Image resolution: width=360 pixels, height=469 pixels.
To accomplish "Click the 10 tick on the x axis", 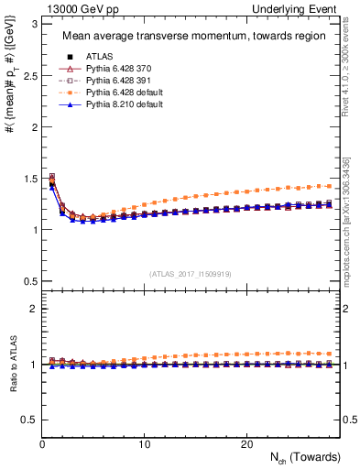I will click(145, 443).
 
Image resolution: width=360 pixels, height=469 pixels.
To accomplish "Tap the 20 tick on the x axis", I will click(246, 443).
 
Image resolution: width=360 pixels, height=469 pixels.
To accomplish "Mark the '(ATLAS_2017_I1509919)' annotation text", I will click(191, 273).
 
